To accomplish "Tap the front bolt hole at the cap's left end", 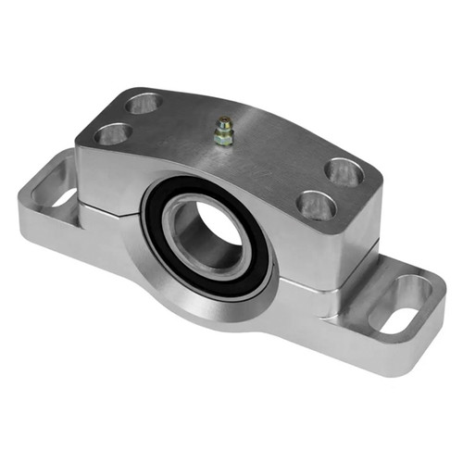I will point(112,134).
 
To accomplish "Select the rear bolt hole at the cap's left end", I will point(143,103).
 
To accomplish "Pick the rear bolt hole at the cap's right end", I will point(344,171).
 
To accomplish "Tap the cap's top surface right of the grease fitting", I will point(278,153).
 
